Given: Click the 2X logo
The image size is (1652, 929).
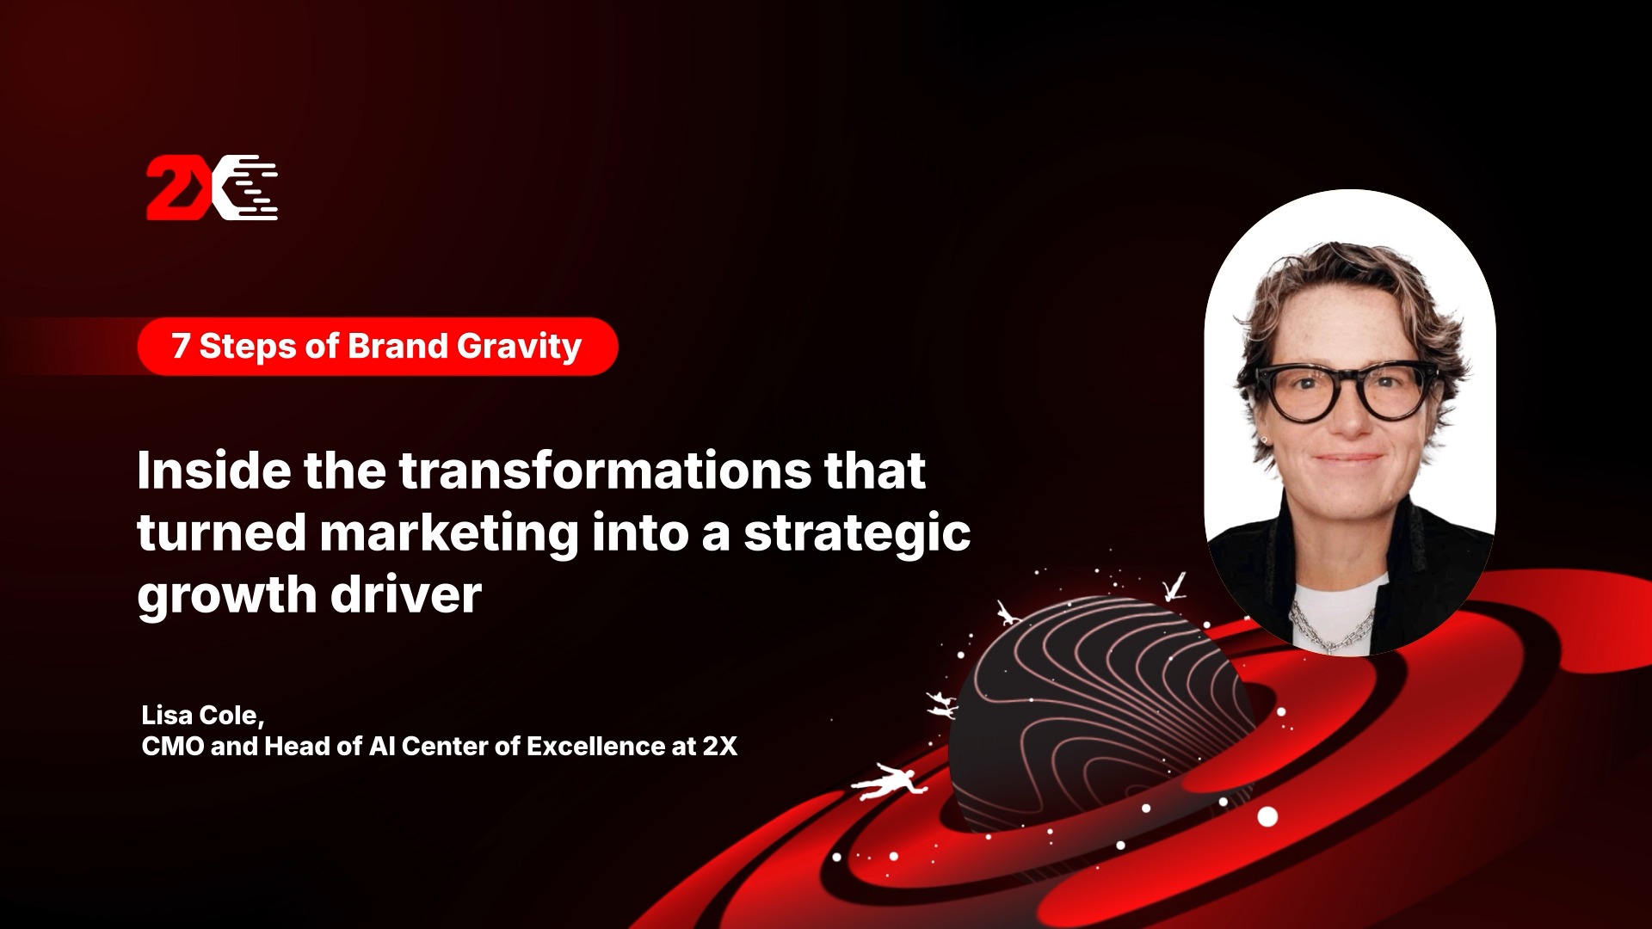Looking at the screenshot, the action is (212, 188).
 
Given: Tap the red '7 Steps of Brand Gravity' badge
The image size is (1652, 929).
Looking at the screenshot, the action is (378, 347).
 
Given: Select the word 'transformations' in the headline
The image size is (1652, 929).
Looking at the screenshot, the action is (605, 471).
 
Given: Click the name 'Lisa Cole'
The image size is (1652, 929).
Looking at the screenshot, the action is (200, 715).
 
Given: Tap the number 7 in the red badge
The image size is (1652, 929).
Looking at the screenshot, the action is (181, 346).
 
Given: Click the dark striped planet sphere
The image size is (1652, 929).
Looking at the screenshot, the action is (1101, 714).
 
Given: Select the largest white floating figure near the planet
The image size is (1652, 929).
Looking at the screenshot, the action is (888, 781).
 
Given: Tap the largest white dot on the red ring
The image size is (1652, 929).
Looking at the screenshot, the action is (1267, 816).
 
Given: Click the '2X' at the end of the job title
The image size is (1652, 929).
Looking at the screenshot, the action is (719, 746).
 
